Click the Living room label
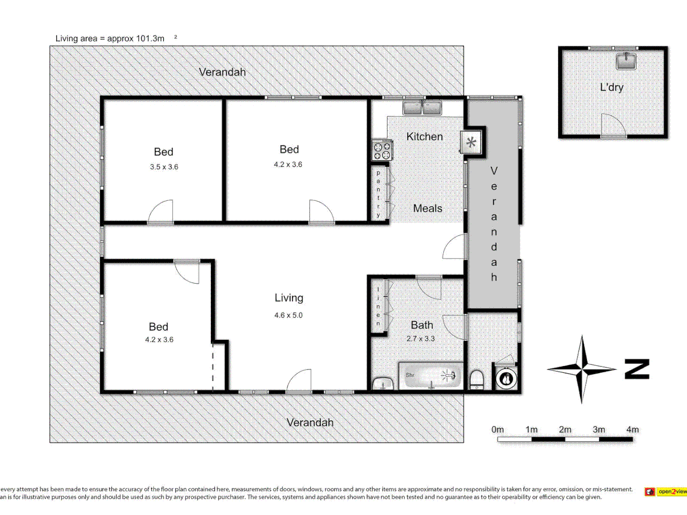(289, 298)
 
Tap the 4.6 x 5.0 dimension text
(288, 315)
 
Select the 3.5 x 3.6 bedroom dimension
(164, 167)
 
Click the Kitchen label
(424, 137)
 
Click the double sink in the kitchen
(422, 108)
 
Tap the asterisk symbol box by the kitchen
(471, 142)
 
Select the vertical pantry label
(378, 194)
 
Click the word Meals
(427, 208)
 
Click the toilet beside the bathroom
(477, 380)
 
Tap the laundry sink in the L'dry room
(625, 61)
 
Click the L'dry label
(612, 87)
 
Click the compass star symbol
(582, 369)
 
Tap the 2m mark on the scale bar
(565, 430)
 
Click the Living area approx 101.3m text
(110, 39)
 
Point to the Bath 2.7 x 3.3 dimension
(420, 339)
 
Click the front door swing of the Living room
(299, 381)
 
